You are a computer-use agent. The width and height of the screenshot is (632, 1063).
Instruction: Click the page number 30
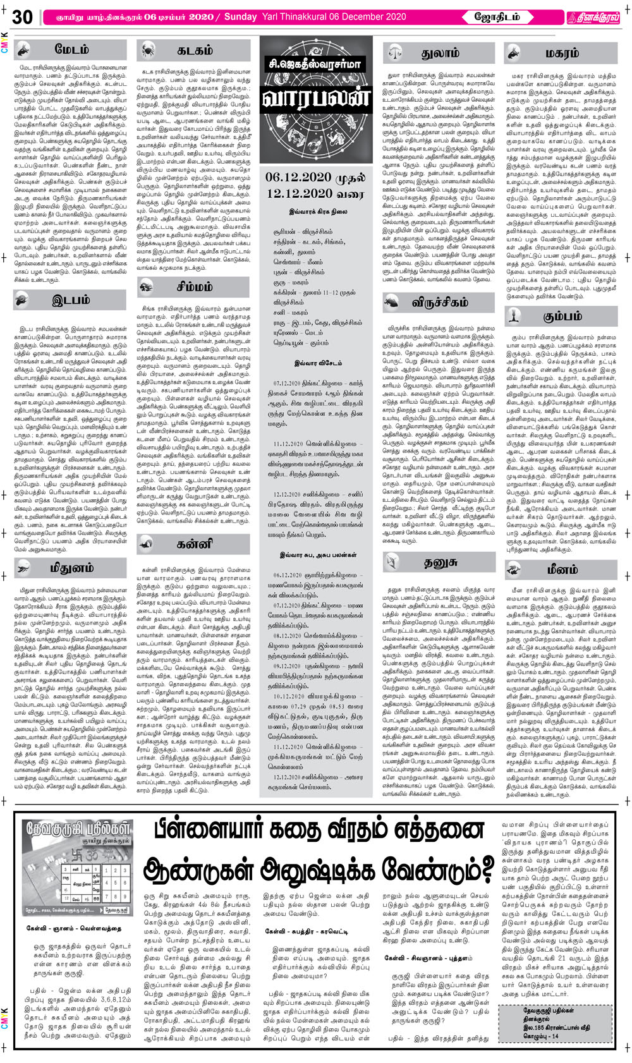click(21, 17)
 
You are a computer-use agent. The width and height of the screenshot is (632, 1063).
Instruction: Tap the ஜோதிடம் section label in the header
click(497, 17)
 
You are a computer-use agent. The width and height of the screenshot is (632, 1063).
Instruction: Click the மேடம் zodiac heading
click(72, 49)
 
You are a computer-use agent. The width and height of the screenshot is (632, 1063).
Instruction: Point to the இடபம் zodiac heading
click(71, 300)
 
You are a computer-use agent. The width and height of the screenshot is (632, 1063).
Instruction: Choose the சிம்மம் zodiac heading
click(194, 287)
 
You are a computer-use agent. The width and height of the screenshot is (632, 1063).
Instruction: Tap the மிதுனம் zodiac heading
click(71, 568)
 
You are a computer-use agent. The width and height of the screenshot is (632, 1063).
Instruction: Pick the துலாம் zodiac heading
click(441, 53)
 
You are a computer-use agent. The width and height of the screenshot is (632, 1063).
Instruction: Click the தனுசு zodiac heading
click(441, 561)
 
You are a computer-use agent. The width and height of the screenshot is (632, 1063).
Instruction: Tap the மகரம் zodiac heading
click(562, 53)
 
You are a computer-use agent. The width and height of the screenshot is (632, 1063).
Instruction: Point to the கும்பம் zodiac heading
click(562, 315)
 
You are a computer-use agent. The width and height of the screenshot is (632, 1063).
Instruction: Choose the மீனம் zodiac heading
click(562, 569)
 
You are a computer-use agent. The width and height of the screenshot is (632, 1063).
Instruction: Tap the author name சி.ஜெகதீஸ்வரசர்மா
click(314, 64)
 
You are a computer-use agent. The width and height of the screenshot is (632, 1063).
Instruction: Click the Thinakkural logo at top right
click(592, 18)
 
